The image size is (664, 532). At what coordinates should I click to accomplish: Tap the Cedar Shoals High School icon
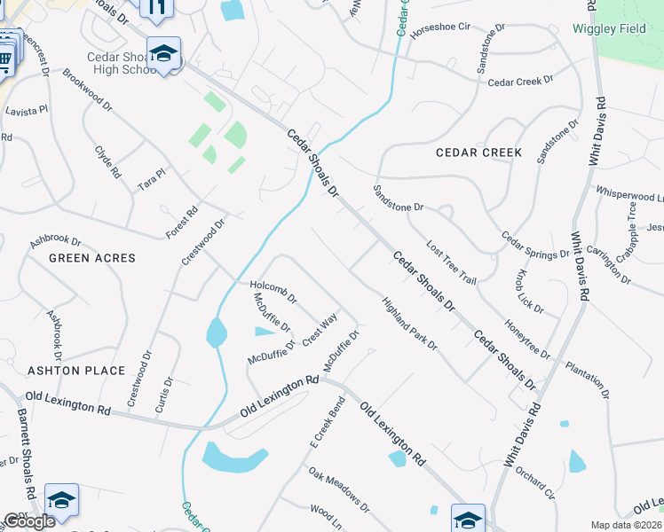click(x=163, y=55)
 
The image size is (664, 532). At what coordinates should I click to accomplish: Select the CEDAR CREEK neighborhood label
click(x=478, y=153)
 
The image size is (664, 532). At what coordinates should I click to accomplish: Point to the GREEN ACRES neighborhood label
click(x=92, y=258)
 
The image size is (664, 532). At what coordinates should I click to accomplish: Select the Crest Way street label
click(x=320, y=329)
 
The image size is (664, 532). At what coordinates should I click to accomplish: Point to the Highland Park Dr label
click(x=409, y=324)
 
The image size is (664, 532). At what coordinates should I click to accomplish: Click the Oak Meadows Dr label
click(x=339, y=489)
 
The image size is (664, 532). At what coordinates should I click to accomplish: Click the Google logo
click(x=29, y=521)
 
